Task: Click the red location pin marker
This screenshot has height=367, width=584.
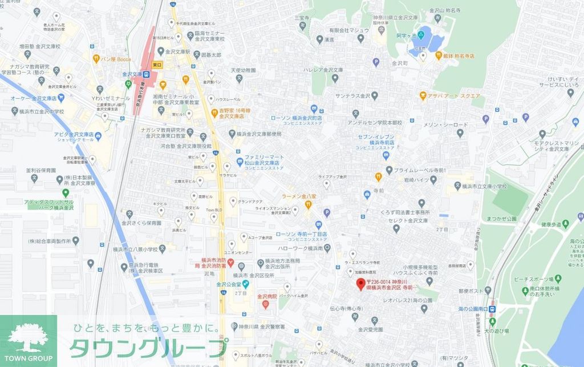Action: [360, 284]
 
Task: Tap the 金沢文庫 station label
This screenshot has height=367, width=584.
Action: [132, 74]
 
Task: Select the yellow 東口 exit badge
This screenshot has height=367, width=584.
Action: [158, 65]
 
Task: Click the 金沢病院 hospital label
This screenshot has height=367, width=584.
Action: [266, 297]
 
